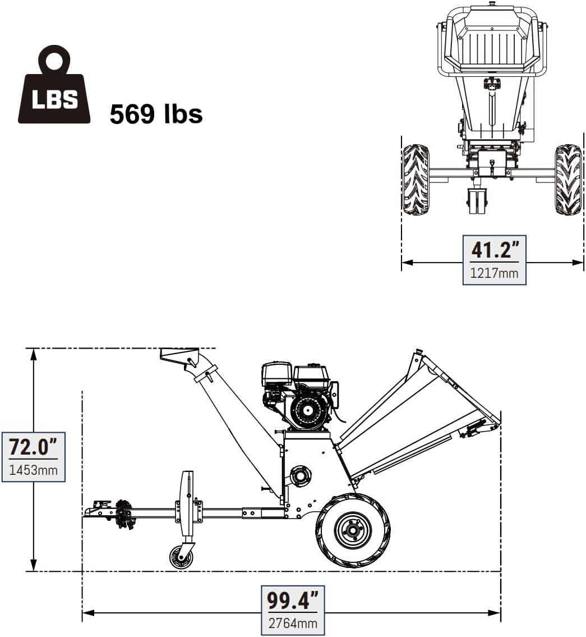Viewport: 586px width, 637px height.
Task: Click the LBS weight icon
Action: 54,85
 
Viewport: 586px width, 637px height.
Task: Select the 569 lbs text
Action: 156,114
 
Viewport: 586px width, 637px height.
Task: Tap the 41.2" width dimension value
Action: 495,249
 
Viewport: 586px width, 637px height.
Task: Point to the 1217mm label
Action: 494,273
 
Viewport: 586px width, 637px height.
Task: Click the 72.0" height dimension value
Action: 33,447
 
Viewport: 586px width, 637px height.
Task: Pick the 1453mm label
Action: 33,470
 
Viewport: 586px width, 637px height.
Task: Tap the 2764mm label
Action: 293,623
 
